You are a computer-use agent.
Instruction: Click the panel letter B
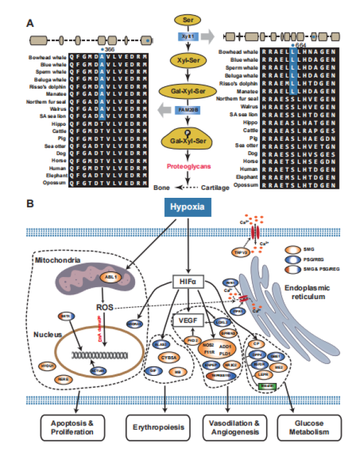29,204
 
